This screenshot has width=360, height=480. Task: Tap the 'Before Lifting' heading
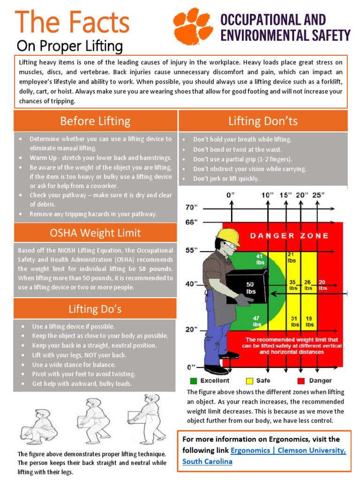[x=95, y=121]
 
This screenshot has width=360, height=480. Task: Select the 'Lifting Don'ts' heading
[x=263, y=121]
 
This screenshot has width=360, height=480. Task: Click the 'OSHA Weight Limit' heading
[x=95, y=233]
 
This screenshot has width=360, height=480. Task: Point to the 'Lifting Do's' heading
[x=95, y=308]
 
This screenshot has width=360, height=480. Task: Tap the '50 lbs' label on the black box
[x=250, y=287]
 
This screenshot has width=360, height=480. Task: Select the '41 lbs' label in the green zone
[x=260, y=259]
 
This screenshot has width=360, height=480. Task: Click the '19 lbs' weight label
[x=310, y=321]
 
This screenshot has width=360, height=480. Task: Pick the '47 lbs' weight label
[x=257, y=321]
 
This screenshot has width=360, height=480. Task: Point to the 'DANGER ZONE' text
[x=289, y=236]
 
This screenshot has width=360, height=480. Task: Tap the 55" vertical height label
[x=192, y=250]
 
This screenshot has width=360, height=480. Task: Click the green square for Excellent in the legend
[x=193, y=380]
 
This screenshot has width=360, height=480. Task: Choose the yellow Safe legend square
[x=249, y=380]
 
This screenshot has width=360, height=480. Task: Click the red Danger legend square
[x=300, y=380]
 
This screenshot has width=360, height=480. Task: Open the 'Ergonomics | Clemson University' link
[x=288, y=450]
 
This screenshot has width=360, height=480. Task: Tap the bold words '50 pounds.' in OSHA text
[x=155, y=269]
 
